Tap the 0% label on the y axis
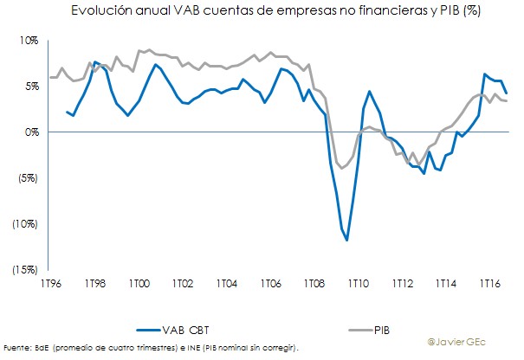(x=30, y=132)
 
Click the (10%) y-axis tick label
(x=24, y=224)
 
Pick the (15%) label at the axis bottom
(x=24, y=270)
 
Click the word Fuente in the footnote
(x=17, y=348)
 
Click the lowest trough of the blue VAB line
(x=347, y=240)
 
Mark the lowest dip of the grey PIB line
(x=342, y=168)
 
